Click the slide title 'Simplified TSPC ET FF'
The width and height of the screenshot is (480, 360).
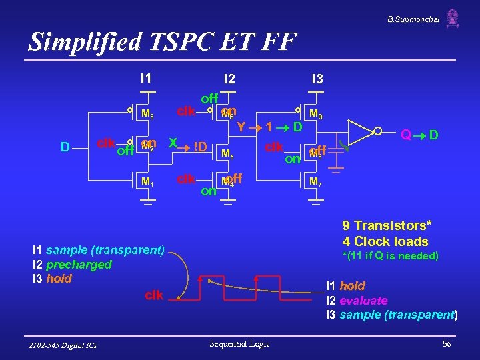162,41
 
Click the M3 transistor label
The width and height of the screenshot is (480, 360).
148,115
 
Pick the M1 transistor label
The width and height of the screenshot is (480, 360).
147,181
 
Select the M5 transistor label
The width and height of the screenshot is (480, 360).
227,155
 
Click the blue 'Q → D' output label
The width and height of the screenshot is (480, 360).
419,135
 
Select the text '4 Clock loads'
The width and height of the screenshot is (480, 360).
385,241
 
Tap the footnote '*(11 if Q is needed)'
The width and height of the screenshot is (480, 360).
390,256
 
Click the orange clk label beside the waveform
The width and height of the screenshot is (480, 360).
153,295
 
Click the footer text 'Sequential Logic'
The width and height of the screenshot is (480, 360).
239,343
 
